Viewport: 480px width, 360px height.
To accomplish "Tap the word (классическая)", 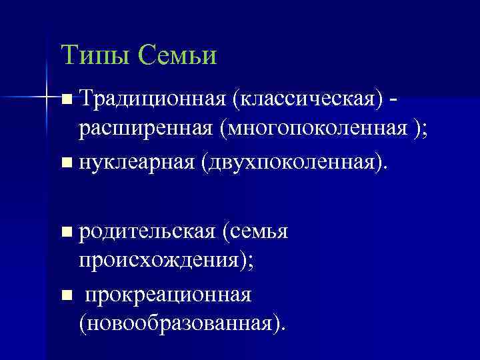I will coord(306,99).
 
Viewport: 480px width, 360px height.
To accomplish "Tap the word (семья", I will coord(256,231).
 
